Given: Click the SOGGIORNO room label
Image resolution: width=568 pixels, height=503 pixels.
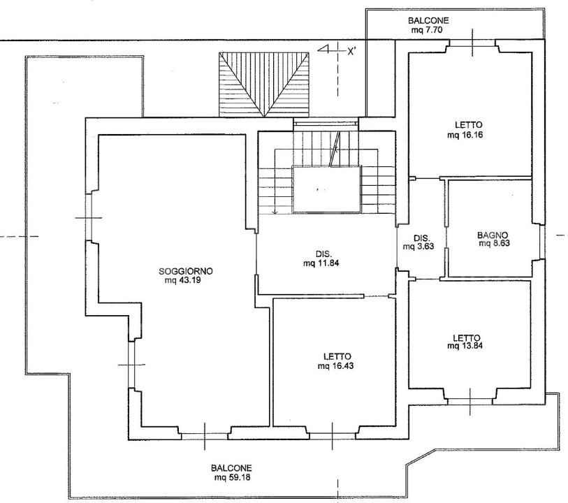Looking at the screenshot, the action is [185, 271].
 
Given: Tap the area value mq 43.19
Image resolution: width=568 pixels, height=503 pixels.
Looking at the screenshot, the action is [185, 280].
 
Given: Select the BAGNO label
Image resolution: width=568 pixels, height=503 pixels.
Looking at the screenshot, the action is [493, 235].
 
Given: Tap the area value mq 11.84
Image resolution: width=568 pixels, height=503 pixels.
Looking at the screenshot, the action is [322, 263].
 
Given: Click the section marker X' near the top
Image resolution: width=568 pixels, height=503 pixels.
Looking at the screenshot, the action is [352, 50].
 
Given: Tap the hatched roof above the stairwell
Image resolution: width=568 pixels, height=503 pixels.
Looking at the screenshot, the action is [263, 85].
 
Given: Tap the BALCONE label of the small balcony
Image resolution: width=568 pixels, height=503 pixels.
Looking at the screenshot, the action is [429, 22].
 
